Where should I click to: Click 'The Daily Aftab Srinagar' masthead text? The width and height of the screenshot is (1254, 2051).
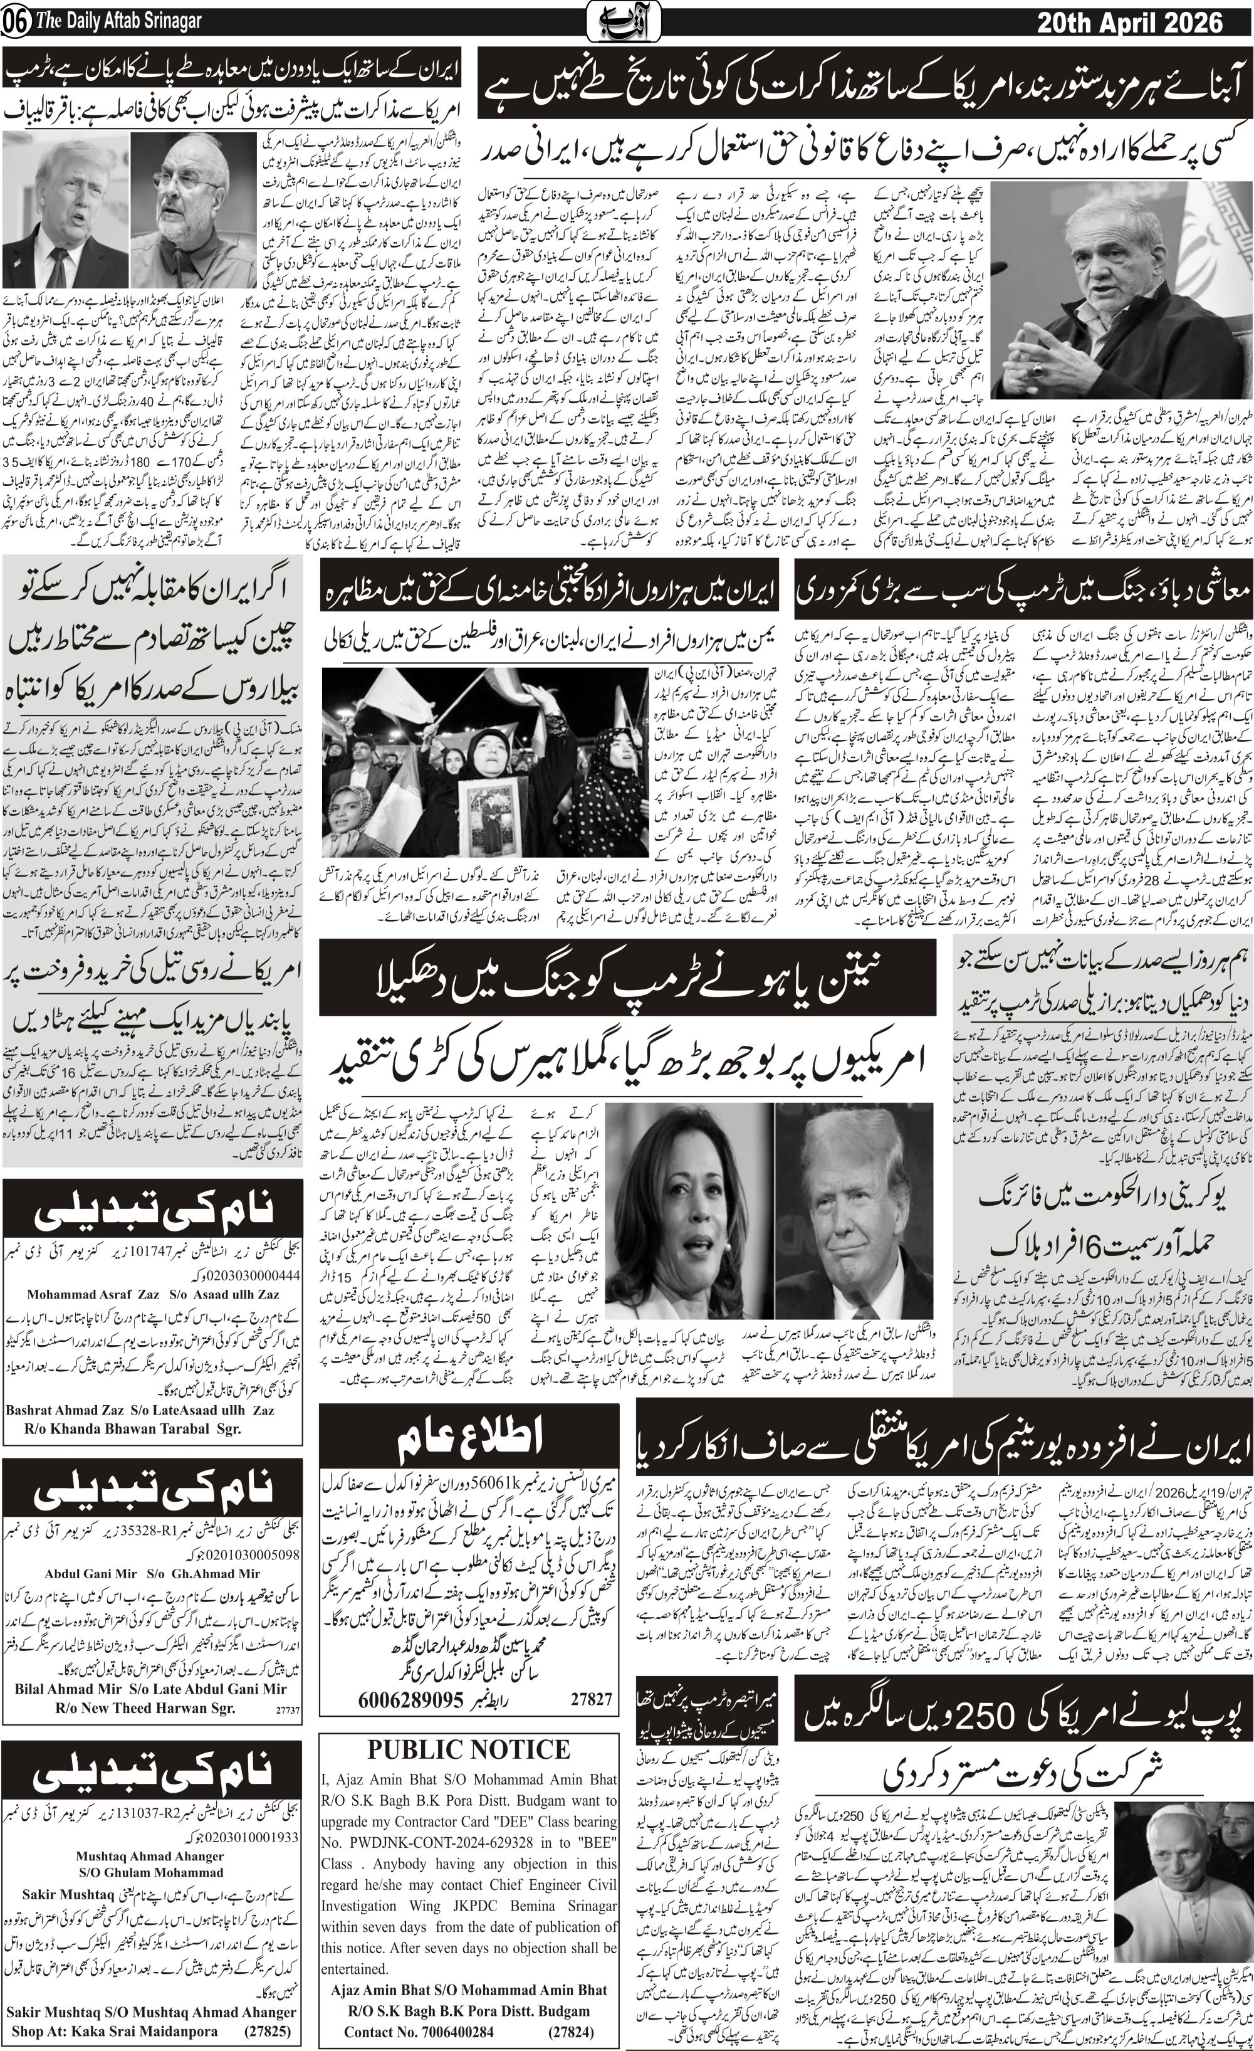coord(118,23)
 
